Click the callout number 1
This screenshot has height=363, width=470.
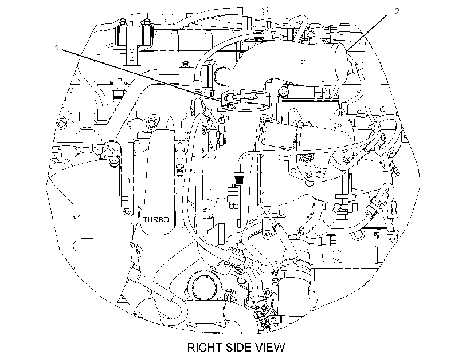click(x=57, y=48)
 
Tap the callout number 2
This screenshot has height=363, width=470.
click(x=397, y=11)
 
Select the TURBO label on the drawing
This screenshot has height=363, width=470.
click(x=156, y=219)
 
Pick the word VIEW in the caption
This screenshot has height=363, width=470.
click(x=269, y=348)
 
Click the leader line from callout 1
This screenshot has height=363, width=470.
click(x=142, y=74)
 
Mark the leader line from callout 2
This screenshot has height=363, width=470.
click(x=369, y=33)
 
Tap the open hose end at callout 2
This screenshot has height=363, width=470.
click(x=340, y=64)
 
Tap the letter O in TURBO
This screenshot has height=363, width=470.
click(x=166, y=219)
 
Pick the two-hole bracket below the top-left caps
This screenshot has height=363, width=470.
click(x=132, y=54)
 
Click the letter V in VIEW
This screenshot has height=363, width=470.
click(x=258, y=348)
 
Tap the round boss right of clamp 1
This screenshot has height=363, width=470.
click(x=283, y=91)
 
